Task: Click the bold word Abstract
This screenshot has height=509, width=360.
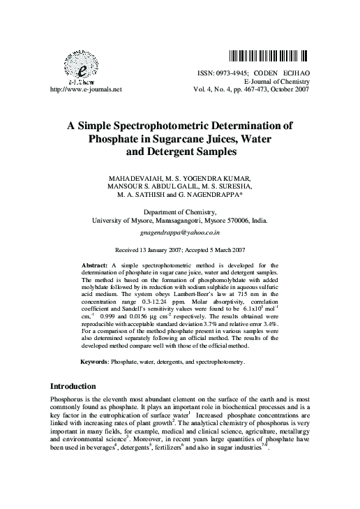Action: pos(96,265)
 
